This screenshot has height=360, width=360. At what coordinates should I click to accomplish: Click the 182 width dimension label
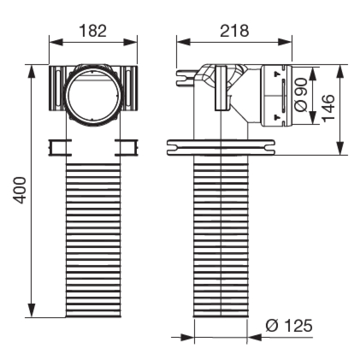(93, 31)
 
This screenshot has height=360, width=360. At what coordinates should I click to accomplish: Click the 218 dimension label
(234, 31)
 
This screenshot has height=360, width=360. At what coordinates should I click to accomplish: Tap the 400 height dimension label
(19, 190)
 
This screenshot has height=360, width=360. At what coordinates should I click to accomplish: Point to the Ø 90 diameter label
(301, 95)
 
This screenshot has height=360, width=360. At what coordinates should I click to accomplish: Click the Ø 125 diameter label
(289, 325)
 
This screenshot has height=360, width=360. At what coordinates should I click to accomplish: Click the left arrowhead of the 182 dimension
(56, 42)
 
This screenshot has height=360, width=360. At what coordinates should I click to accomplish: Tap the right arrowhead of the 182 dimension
(130, 42)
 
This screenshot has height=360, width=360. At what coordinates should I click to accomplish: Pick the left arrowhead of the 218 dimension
(184, 42)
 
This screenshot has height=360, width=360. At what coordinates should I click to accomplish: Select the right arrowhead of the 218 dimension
(285, 42)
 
